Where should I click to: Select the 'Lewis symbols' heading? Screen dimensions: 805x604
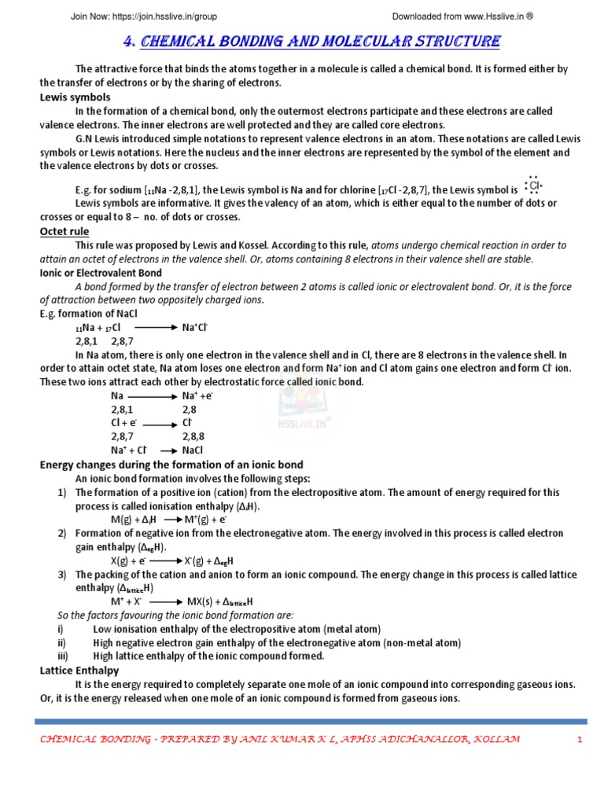pos(75,97)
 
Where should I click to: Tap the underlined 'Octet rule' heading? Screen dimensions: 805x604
pos(64,231)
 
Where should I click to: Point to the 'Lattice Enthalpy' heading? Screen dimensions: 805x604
pos(79,670)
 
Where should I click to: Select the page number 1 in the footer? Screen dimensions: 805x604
pos(579,740)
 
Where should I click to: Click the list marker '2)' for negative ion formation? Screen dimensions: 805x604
pos(61,534)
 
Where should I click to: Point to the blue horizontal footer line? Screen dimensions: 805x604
pos(311,721)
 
